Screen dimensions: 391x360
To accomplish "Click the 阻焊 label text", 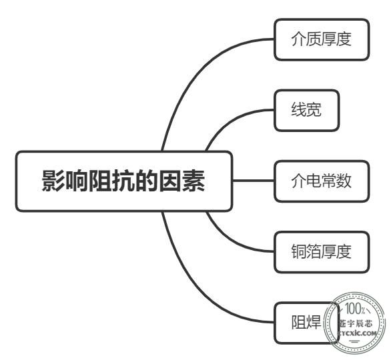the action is coord(306,323).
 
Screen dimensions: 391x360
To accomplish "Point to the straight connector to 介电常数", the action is coord(254,181).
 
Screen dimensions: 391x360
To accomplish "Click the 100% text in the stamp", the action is coord(355,309).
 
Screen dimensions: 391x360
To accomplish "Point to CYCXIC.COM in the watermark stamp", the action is coord(357,333).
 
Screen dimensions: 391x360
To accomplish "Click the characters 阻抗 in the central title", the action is coord(112,181).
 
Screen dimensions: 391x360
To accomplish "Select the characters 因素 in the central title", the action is coord(182,181).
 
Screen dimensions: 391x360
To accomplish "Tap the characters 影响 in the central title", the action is coord(65,181).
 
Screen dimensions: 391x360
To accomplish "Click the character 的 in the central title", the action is coord(147,181).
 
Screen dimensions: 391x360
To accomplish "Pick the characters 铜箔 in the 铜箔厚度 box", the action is coord(306,251).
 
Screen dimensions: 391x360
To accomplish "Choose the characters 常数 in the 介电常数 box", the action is coord(336,181).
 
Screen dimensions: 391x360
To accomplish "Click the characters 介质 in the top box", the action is coord(306,39).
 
